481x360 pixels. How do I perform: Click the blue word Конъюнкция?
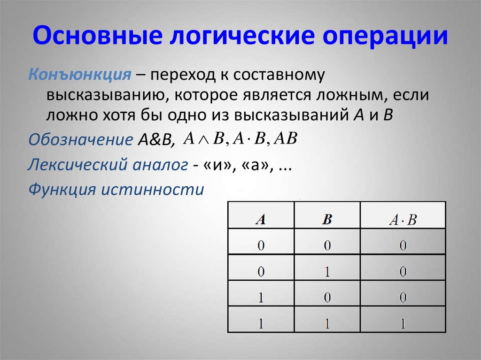pos(79,75)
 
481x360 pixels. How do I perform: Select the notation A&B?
pos(155,139)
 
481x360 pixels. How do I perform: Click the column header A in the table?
pos(260,220)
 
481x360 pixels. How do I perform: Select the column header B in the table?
pos(327,220)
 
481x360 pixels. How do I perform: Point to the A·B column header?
pos(403,220)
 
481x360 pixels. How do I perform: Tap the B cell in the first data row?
pos(327,245)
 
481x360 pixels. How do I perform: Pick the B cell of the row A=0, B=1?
pos(327,271)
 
